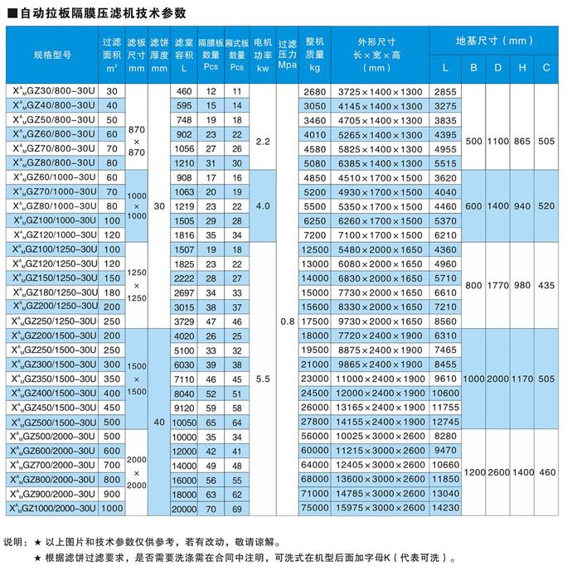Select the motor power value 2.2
tap(263, 142)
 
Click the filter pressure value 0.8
tap(287, 320)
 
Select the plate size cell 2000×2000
tap(137, 471)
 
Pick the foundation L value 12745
tap(445, 422)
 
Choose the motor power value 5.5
tap(263, 378)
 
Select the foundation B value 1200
tap(473, 471)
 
